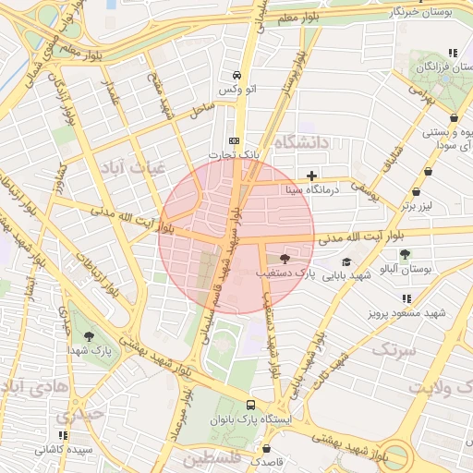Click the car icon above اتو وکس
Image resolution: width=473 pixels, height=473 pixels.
coord(237,75)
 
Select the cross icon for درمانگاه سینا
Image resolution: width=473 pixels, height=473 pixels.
coord(312,175)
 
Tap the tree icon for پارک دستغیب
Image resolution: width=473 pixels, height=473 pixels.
coord(283,259)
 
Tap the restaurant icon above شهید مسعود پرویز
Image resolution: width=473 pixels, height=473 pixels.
coord(406,298)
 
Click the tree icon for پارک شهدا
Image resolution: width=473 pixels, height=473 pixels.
coord(90,336)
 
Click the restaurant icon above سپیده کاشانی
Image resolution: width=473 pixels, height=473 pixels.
coord(63,435)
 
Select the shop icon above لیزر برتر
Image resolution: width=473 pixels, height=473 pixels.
coord(428,172)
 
